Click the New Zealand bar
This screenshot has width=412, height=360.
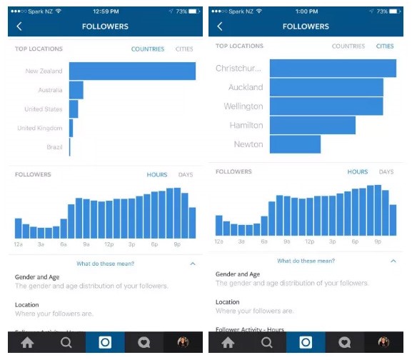pos(132,71)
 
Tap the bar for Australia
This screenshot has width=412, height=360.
pos(76,90)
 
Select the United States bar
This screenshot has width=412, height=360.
pos(73,109)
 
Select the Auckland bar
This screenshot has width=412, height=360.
pos(326,87)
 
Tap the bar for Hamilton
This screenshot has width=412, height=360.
pos(312,125)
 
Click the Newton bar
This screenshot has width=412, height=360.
pos(295,144)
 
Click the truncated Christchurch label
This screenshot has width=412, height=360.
pos(238,69)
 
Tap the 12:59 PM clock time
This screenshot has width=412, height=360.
pos(104,11)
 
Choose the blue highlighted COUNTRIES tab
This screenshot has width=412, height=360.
pos(148,49)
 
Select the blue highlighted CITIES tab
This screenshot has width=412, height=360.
pos(384,46)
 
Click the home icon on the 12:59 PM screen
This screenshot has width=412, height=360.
pos(27,342)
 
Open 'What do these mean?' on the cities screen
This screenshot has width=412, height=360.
pos(306,261)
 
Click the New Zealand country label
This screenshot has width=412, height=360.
pos(44,71)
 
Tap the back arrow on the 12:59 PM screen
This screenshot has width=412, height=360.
pos(19,26)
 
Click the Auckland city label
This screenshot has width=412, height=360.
pos(245,87)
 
